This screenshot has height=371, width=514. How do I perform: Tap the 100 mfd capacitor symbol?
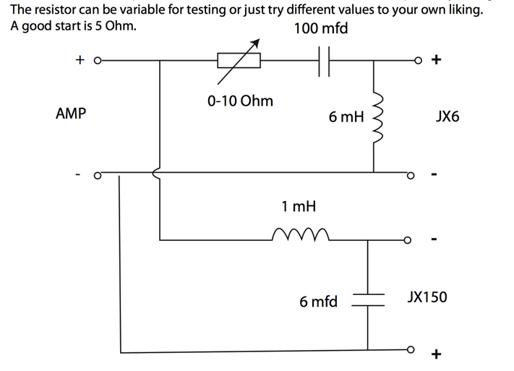324,61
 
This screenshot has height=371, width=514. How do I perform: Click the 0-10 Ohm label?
240,101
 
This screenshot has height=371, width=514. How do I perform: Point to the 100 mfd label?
321,29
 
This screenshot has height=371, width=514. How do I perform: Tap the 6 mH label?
346,116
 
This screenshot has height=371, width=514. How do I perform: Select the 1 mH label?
299,207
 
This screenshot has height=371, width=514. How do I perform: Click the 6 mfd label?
318,302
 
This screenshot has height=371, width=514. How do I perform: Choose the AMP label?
70,114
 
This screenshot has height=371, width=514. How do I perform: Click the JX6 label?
447,116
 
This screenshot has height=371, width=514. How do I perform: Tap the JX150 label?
427,297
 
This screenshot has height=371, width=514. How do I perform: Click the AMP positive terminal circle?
96,61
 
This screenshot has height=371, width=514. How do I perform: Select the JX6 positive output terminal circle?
415,61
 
